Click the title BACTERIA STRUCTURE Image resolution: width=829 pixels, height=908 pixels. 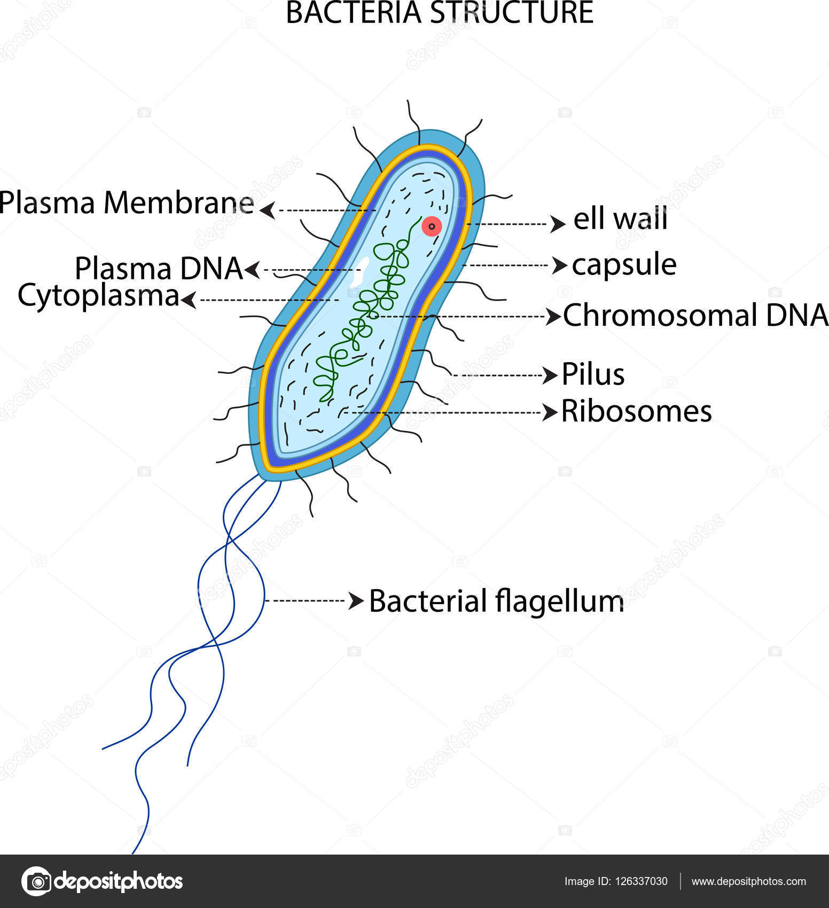[440, 13]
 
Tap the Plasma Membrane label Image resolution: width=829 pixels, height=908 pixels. [127, 203]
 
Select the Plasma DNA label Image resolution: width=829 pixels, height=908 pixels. [159, 268]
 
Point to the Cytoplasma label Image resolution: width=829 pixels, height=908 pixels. [98, 295]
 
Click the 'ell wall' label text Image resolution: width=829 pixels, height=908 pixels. [620, 219]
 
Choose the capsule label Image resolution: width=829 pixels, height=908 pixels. [624, 264]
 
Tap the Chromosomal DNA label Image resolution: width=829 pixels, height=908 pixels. [695, 315]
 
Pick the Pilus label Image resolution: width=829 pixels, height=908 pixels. [593, 374]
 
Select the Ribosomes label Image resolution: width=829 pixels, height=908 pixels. [636, 412]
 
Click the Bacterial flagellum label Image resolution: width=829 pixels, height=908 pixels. [496, 601]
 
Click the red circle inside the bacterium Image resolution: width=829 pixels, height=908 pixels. [432, 226]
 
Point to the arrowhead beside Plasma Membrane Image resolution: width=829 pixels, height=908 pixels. [268, 210]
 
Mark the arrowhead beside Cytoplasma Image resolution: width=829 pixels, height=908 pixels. [188, 300]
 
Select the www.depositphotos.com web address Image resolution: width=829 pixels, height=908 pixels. [748, 881]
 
